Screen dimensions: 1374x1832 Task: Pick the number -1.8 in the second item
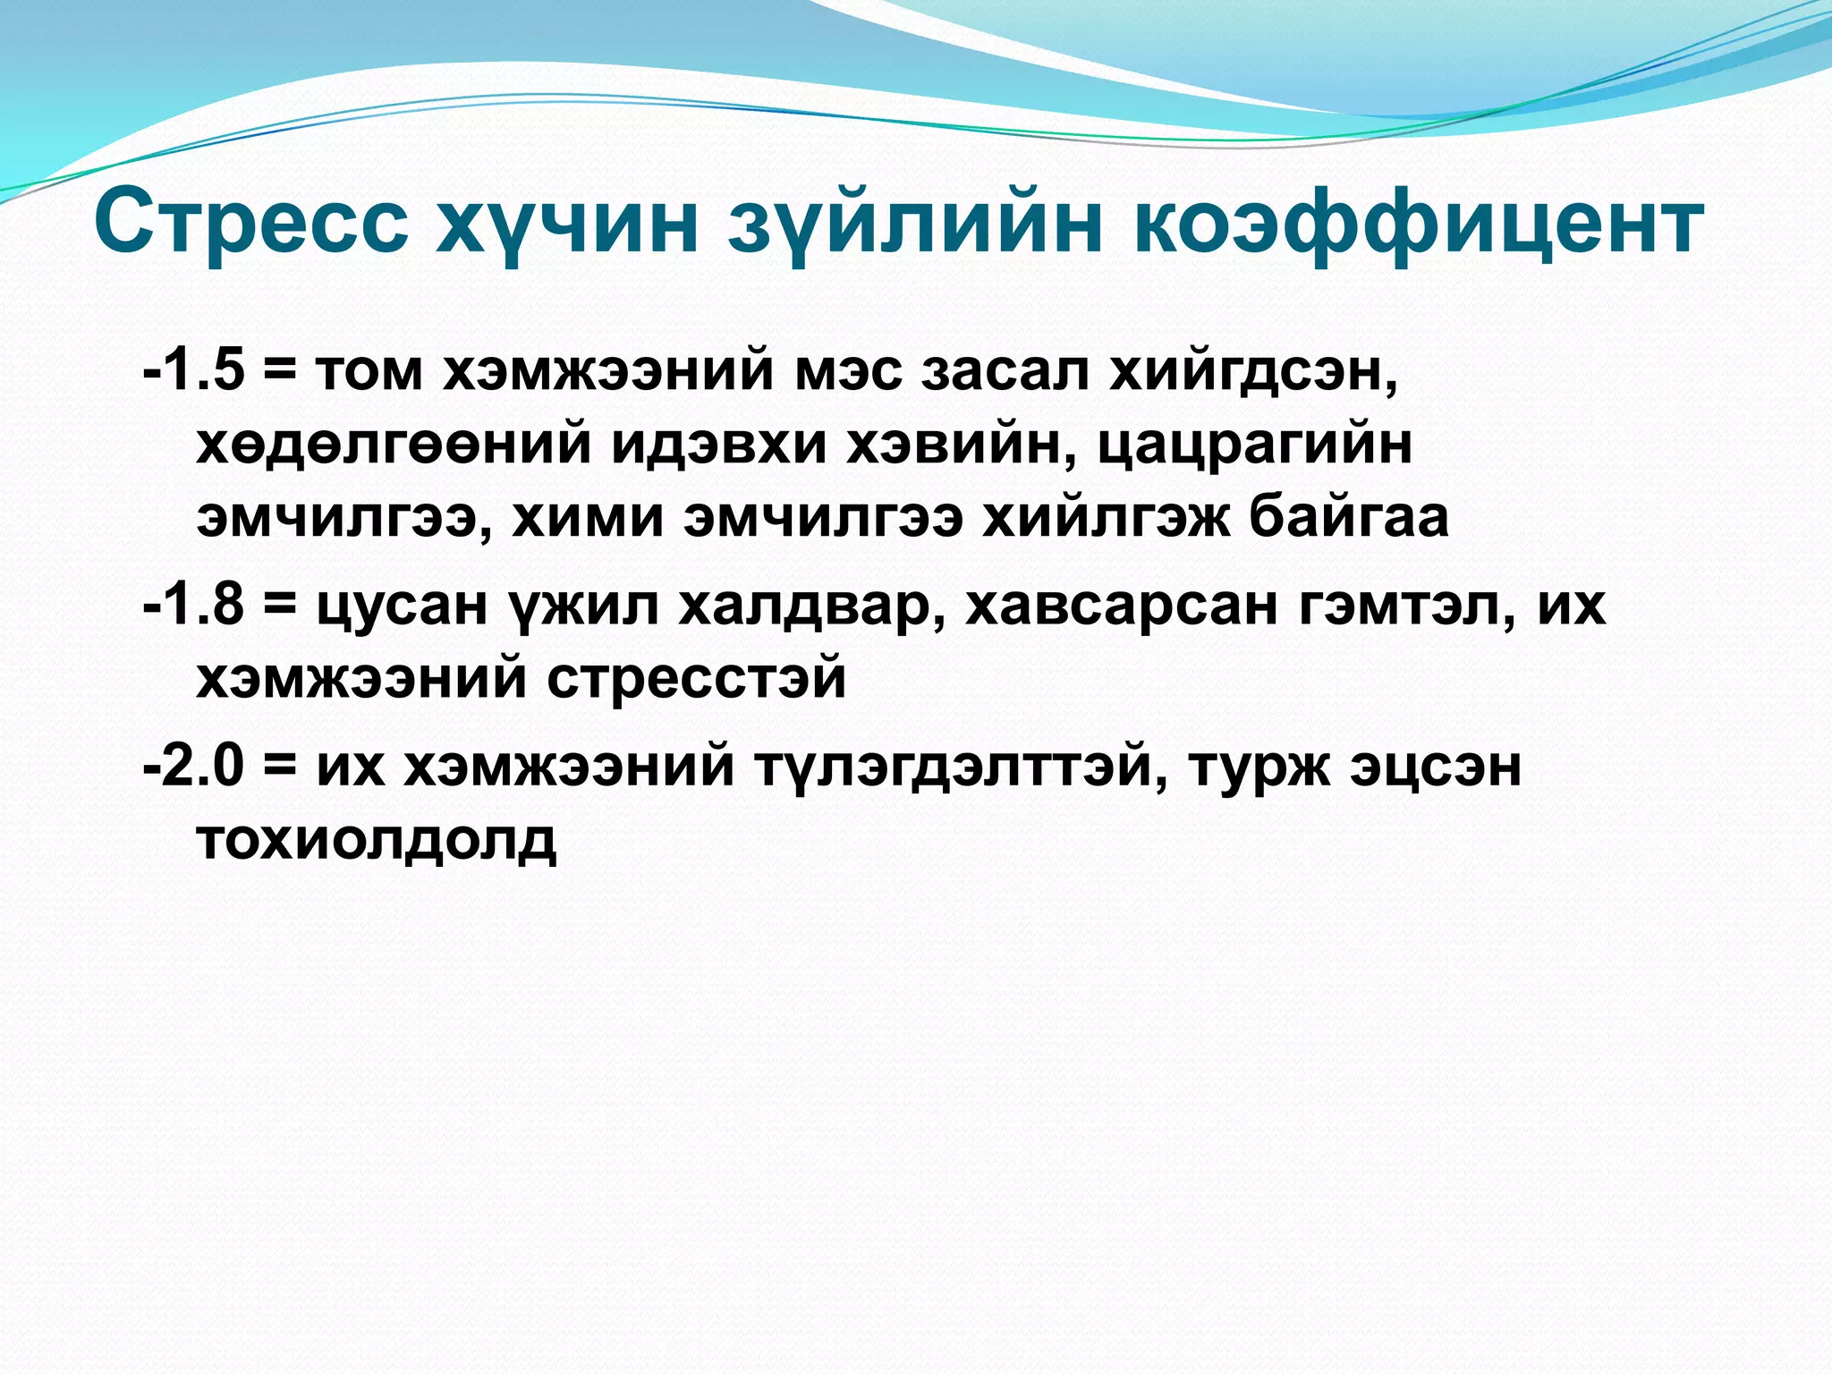click(x=194, y=605)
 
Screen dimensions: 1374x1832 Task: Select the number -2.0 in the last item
click(x=194, y=767)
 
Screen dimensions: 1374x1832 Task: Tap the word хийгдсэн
click(x=1252, y=371)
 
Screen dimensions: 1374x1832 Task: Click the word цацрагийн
click(x=1254, y=445)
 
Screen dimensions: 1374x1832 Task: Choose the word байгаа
click(x=1349, y=517)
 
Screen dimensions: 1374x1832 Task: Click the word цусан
click(x=403, y=606)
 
